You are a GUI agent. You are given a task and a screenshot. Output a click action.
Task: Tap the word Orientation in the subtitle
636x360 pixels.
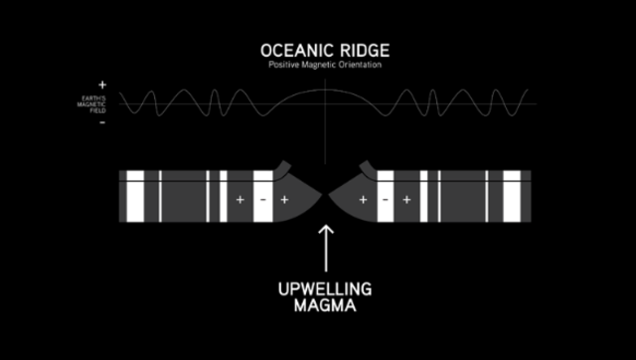(x=360, y=66)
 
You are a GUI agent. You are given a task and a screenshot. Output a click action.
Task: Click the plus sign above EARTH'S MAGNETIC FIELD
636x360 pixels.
(x=102, y=86)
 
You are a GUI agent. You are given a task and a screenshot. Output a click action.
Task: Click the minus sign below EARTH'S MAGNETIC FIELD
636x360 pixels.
(x=102, y=124)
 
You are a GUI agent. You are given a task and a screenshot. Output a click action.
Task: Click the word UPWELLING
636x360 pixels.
(x=325, y=289)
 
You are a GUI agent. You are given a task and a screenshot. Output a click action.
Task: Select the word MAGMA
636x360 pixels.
(x=325, y=307)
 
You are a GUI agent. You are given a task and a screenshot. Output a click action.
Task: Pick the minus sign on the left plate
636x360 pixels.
(x=262, y=200)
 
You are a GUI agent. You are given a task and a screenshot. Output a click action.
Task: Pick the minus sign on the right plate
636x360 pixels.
(x=385, y=200)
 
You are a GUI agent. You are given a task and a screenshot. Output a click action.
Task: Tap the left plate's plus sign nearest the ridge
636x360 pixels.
(x=285, y=200)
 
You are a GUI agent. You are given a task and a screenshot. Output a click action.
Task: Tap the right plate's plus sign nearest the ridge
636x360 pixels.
(x=363, y=200)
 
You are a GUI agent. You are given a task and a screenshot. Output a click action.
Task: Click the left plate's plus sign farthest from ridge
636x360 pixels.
(x=239, y=200)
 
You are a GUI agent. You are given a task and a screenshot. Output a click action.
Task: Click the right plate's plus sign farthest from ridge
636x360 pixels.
(x=406, y=200)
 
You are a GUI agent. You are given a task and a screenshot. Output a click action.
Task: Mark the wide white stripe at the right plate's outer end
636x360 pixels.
(x=512, y=196)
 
